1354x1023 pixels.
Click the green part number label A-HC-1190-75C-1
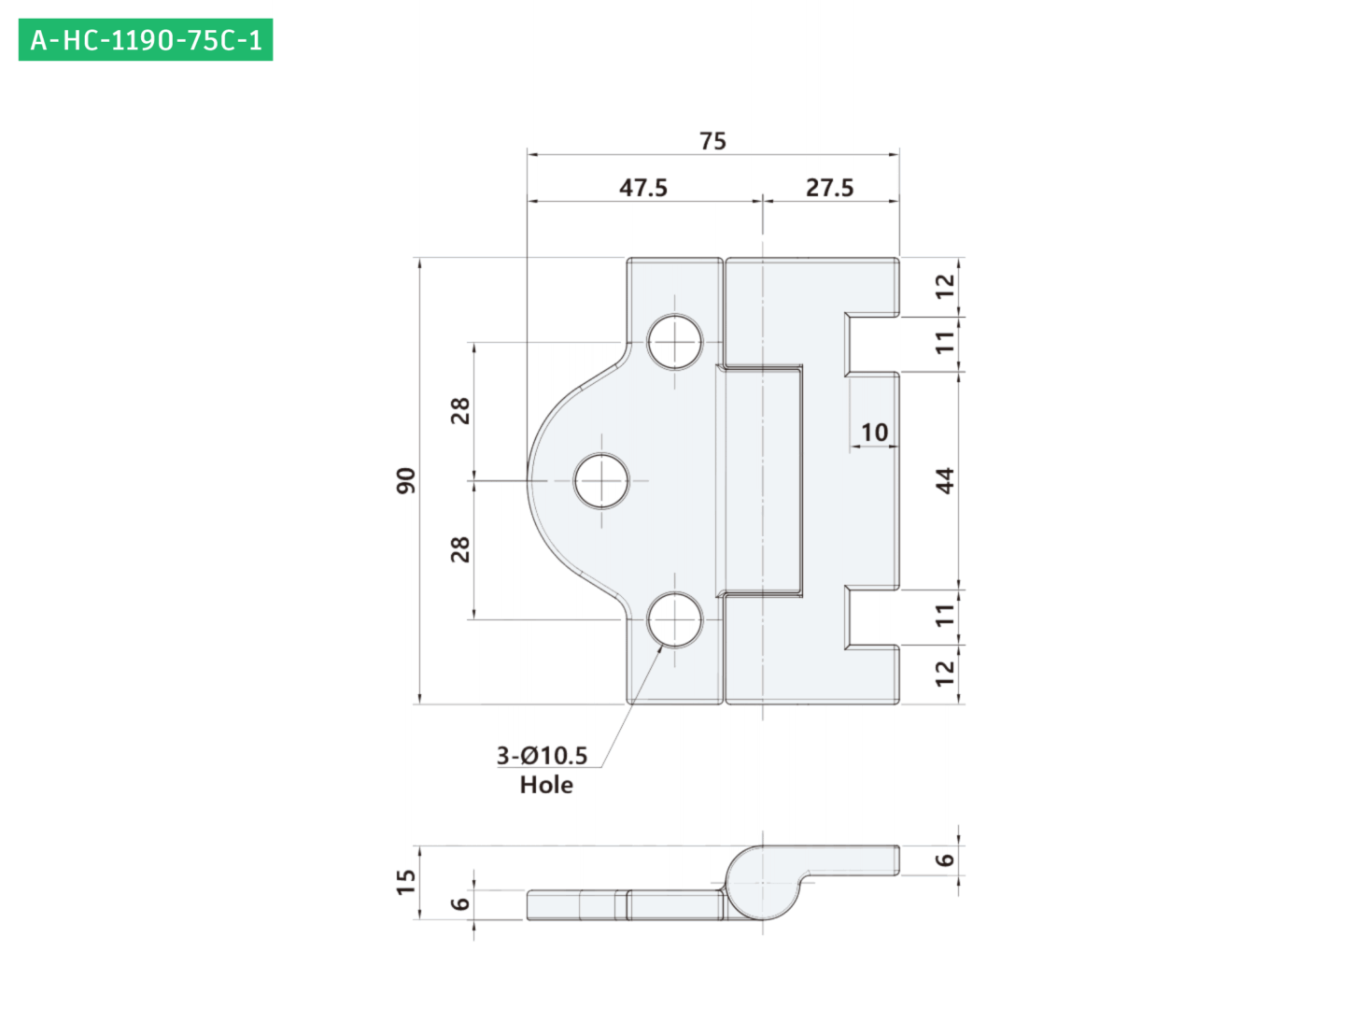pyautogui.click(x=145, y=39)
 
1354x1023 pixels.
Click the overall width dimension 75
pyautogui.click(x=712, y=141)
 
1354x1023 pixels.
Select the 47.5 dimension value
pyautogui.click(x=642, y=188)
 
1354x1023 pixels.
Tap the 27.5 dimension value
pyautogui.click(x=829, y=188)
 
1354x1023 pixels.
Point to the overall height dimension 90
pyautogui.click(x=406, y=480)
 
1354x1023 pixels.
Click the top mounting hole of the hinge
pyautogui.click(x=674, y=342)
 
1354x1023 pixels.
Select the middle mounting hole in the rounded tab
pyautogui.click(x=600, y=480)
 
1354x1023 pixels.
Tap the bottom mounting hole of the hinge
pyautogui.click(x=674, y=619)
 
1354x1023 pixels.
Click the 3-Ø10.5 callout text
pyautogui.click(x=542, y=755)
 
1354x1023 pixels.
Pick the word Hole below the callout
pyautogui.click(x=546, y=785)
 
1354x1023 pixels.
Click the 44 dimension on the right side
pyautogui.click(x=944, y=480)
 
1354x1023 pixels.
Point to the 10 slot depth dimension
pyautogui.click(x=874, y=433)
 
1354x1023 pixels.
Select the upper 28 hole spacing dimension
pyautogui.click(x=460, y=411)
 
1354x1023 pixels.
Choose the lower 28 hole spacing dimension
pyautogui.click(x=460, y=549)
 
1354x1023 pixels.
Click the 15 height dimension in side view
pyautogui.click(x=406, y=882)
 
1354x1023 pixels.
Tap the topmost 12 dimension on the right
pyautogui.click(x=944, y=287)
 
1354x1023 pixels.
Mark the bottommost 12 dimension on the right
pyautogui.click(x=944, y=674)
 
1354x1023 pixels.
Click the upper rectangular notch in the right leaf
pyautogui.click(x=872, y=345)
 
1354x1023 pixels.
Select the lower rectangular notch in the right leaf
pyautogui.click(x=872, y=618)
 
